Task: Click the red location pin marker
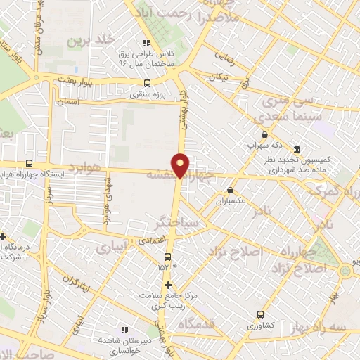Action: (181, 165)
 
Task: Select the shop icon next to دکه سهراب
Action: (264, 134)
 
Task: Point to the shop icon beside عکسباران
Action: (230, 190)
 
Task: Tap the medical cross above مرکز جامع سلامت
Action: (167, 285)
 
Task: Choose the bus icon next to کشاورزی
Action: (261, 316)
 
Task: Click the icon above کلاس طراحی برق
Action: (146, 43)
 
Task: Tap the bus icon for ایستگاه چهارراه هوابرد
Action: (29, 162)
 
